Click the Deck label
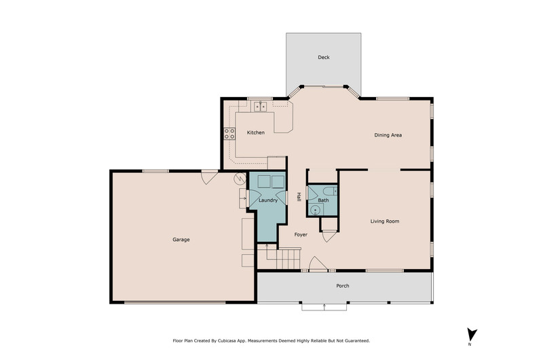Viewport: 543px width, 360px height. [x=324, y=57]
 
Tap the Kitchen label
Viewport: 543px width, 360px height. [x=256, y=132]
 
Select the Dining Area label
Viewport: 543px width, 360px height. [x=388, y=135]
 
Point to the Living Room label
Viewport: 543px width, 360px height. [x=385, y=221]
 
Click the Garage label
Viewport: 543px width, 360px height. [x=181, y=239]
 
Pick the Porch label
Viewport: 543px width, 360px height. [x=343, y=286]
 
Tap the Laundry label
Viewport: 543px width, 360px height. [x=268, y=200]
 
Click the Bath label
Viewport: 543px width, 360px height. [x=323, y=200]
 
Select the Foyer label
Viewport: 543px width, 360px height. [x=301, y=234]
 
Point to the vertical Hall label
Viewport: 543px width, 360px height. [x=299, y=197]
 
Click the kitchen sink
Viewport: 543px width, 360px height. [x=260, y=107]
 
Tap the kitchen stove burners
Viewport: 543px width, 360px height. [x=229, y=134]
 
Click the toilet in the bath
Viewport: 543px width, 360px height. [x=330, y=191]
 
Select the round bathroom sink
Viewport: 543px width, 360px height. [x=316, y=210]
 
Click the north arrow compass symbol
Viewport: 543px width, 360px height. [x=471, y=335]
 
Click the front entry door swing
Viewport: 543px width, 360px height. [x=317, y=264]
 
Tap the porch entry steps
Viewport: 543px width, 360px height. [x=324, y=306]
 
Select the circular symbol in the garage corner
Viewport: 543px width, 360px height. [x=240, y=179]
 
